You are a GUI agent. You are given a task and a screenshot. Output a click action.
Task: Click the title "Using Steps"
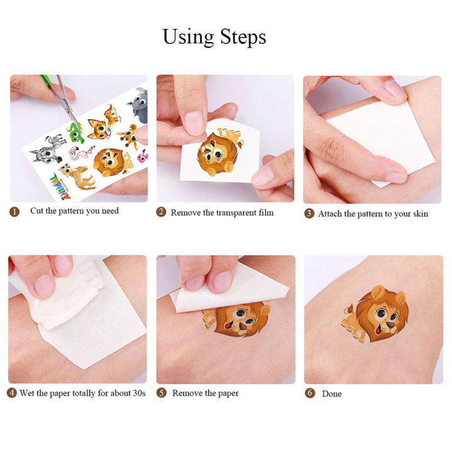point(214,36)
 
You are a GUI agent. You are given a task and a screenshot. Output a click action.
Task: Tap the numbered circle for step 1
point(14,212)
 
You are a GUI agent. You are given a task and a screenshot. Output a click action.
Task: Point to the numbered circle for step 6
point(309,394)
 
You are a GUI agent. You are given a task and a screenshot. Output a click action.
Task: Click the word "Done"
point(332,394)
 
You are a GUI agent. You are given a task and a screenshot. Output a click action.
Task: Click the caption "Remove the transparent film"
point(222,213)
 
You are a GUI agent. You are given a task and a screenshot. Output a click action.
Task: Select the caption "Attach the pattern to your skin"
point(373,213)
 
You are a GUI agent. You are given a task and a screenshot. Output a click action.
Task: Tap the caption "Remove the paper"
point(205,394)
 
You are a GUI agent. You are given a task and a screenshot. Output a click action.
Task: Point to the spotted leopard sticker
point(82,178)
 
